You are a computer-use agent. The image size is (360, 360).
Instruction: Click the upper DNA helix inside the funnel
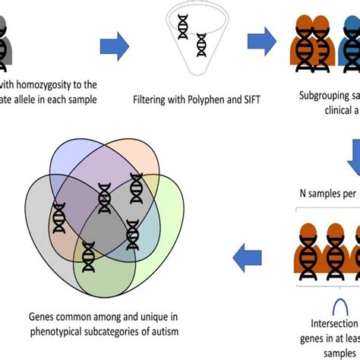pyautogui.click(x=183, y=27)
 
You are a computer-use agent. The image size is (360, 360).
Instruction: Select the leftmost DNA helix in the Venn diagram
pyautogui.click(x=59, y=218)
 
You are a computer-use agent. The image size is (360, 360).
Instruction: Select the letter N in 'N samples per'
pyautogui.click(x=296, y=194)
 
